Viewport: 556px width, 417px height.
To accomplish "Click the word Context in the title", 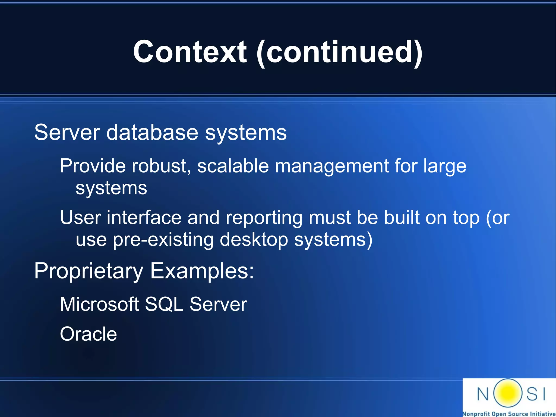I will [190, 52].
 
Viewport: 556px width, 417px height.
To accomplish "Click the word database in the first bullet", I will [152, 133].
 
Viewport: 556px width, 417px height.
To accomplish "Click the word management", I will [332, 166].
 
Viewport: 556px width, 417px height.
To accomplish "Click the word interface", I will [144, 218].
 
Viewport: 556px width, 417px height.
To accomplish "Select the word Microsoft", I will [99, 304].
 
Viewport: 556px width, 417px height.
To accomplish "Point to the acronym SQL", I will [164, 304].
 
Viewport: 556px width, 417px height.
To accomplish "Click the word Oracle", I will [88, 334].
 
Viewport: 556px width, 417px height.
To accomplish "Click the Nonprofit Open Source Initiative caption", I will [509, 414].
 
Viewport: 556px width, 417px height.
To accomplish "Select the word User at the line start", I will [80, 218].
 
